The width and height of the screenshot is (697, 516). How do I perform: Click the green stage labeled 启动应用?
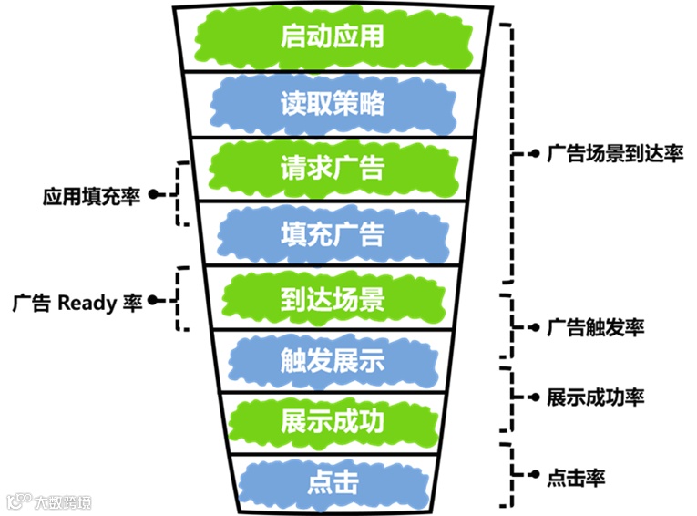click(x=333, y=37)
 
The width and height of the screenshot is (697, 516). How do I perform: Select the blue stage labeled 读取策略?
click(x=333, y=103)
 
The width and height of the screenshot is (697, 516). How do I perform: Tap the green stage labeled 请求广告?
click(x=333, y=169)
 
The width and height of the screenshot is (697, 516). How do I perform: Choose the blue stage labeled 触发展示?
click(x=333, y=362)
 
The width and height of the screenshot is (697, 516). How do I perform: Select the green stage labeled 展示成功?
click(x=333, y=422)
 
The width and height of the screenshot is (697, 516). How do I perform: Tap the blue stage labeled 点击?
click(x=333, y=481)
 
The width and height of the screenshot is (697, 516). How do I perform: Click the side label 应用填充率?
click(x=91, y=196)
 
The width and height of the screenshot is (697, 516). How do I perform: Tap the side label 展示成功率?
click(x=596, y=397)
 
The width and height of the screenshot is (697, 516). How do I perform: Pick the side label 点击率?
click(x=578, y=476)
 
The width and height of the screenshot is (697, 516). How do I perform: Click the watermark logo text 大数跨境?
click(x=62, y=501)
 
